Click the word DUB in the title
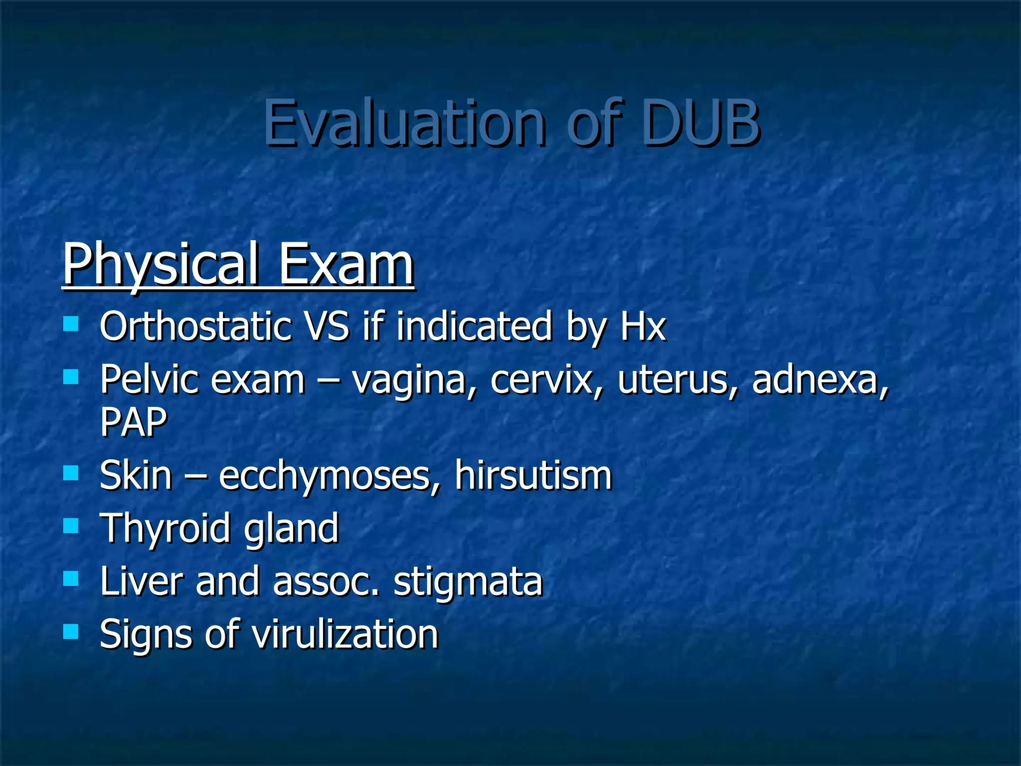pyautogui.click(x=700, y=123)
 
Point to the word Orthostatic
pyautogui.click(x=195, y=327)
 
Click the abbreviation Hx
pyautogui.click(x=643, y=327)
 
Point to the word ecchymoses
pyautogui.click(x=329, y=476)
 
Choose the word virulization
pyautogui.click(x=344, y=634)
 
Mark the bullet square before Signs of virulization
pyautogui.click(x=71, y=632)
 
